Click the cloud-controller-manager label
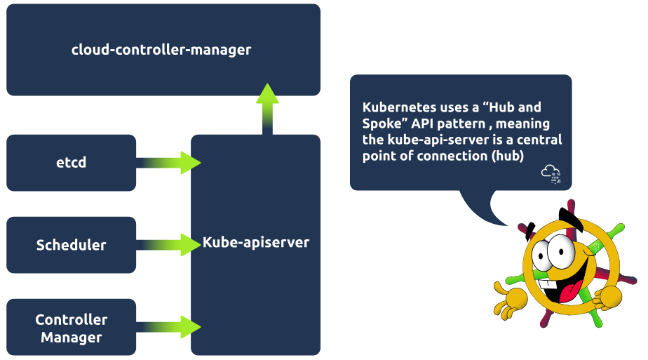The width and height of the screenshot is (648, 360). coord(161,50)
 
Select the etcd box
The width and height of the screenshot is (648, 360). coord(71,163)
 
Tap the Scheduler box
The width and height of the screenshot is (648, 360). coord(71,245)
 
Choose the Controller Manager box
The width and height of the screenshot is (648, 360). coord(71,328)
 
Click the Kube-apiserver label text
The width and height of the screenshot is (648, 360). coord(256,242)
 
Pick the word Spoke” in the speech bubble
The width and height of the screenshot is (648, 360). coord(382,124)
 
